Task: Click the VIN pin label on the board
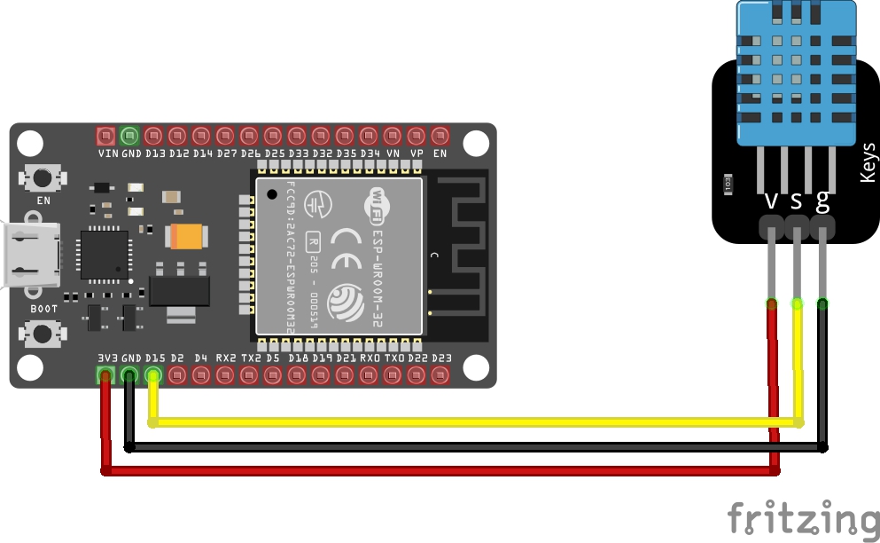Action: click(107, 153)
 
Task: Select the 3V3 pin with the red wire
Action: click(106, 374)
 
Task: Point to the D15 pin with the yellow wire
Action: click(154, 374)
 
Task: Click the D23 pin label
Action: click(440, 358)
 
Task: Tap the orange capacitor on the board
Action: click(187, 235)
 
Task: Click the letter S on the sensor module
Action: click(797, 201)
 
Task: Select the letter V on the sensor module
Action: click(771, 201)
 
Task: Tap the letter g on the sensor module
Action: click(823, 201)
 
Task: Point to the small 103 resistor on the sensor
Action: click(728, 183)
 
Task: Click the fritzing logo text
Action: click(804, 518)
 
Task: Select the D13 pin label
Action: click(155, 153)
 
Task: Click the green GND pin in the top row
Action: click(130, 136)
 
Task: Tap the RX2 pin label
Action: click(226, 358)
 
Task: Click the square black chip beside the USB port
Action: click(105, 254)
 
